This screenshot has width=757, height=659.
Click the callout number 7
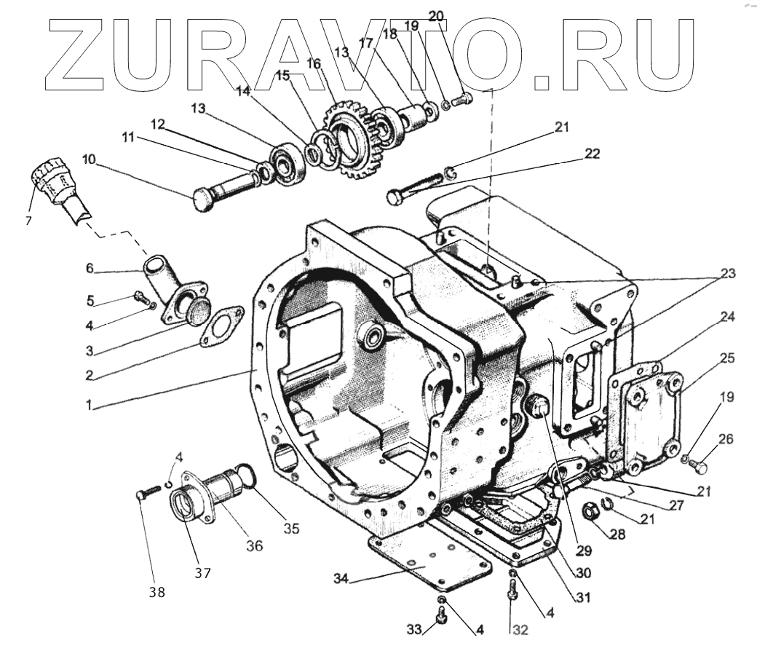pos(28,221)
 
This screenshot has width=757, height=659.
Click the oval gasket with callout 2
pos(220,325)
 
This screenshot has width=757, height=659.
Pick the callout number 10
pos(88,159)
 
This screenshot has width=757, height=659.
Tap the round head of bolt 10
pos(205,198)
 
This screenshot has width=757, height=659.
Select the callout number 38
pos(157,593)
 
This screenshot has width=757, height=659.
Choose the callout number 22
pos(591,154)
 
